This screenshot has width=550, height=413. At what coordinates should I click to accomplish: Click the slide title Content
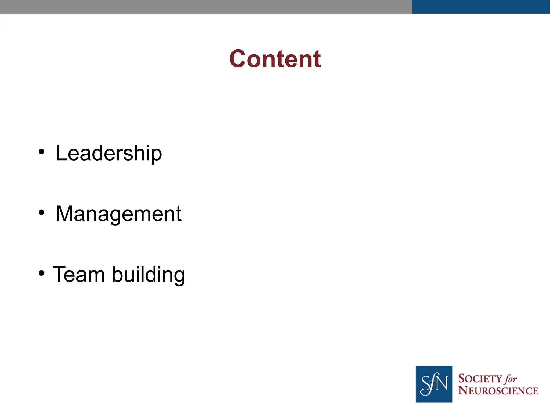point(275,59)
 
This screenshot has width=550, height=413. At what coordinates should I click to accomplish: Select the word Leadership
point(109,153)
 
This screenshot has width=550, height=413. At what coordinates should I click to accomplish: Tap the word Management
point(119,214)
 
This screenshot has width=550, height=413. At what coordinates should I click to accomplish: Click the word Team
point(79,274)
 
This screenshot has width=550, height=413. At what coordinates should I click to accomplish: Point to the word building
point(148,275)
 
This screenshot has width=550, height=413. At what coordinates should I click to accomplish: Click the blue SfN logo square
point(434,384)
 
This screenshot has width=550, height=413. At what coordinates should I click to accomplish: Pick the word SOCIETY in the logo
point(480,379)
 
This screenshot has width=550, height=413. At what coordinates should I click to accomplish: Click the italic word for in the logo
point(511,379)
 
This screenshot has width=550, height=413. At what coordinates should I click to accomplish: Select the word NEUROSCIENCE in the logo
point(498,391)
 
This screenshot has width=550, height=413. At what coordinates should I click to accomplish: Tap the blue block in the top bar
point(481,7)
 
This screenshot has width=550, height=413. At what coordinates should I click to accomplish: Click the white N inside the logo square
point(442,383)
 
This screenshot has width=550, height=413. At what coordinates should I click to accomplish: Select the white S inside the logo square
point(425,385)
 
